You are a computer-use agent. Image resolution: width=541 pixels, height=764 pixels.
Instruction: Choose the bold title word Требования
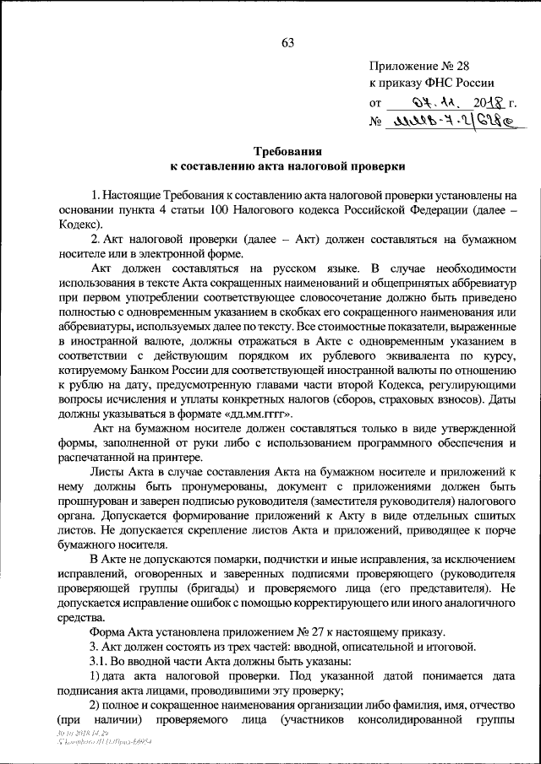coord(287,151)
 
